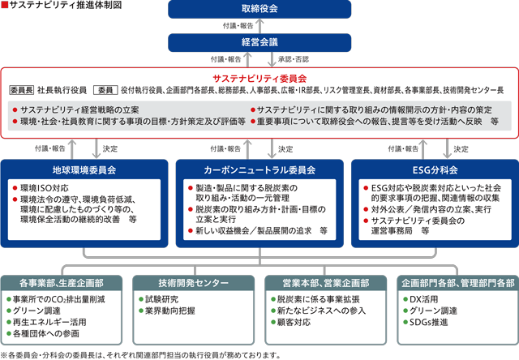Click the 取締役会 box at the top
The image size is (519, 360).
pyautogui.click(x=259, y=9)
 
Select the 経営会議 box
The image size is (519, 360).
pyautogui.click(x=259, y=42)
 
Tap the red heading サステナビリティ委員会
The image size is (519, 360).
pyautogui.click(x=259, y=79)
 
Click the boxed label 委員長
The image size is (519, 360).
pyautogui.click(x=22, y=90)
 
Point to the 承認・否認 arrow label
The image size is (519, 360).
pyautogui.click(x=294, y=59)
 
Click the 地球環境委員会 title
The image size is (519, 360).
pyautogui.click(x=84, y=170)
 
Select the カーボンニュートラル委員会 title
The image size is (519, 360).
pyautogui.click(x=259, y=170)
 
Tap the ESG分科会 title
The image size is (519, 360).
pyautogui.click(x=435, y=170)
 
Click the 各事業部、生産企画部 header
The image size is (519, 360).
pyautogui.click(x=62, y=283)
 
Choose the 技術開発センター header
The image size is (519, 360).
pyautogui.click(x=193, y=283)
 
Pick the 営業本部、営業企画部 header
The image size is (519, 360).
pyautogui.click(x=326, y=283)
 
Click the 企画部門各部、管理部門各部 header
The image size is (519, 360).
pyautogui.click(x=457, y=283)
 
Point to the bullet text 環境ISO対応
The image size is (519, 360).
pyautogui.click(x=45, y=188)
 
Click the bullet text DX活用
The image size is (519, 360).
pyautogui.click(x=423, y=299)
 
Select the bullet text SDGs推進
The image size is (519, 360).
pyautogui.click(x=429, y=322)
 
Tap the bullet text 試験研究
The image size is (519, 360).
pyautogui.click(x=161, y=299)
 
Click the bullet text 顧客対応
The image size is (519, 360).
pyautogui.click(x=294, y=322)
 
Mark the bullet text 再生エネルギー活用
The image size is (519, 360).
pyautogui.click(x=49, y=322)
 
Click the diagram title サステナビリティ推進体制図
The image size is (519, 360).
pyautogui.click(x=65, y=5)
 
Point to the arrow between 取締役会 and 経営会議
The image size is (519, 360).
pyautogui.click(x=259, y=26)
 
